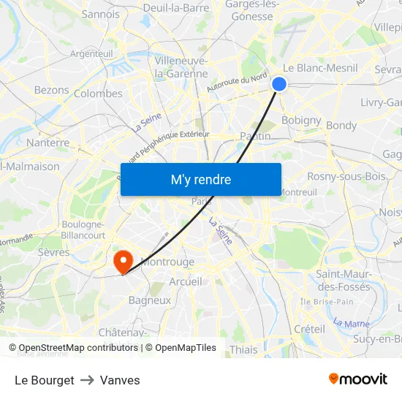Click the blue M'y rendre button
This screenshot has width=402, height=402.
click(x=201, y=179)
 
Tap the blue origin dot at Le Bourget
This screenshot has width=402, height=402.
click(x=279, y=84)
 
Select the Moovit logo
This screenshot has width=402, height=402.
click(x=357, y=379)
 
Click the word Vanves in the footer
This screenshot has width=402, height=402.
click(x=120, y=380)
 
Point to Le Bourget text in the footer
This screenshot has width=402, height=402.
click(x=45, y=380)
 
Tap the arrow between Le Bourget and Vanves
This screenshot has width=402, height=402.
click(x=87, y=380)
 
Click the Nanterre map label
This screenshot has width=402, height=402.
click(x=48, y=143)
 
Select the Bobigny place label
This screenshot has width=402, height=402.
click(x=301, y=120)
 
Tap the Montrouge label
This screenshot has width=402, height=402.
click(x=167, y=262)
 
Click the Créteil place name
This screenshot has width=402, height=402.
click(x=309, y=329)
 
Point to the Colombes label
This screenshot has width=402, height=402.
click(x=98, y=94)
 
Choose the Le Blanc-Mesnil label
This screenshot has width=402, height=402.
click(x=320, y=68)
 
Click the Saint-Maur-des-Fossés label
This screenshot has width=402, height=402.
click(x=343, y=280)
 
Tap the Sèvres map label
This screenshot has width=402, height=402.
click(x=53, y=252)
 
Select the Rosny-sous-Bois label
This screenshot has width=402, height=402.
click(x=346, y=176)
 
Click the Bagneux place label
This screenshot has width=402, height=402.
click(x=149, y=300)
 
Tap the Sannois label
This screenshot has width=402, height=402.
click(x=101, y=14)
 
